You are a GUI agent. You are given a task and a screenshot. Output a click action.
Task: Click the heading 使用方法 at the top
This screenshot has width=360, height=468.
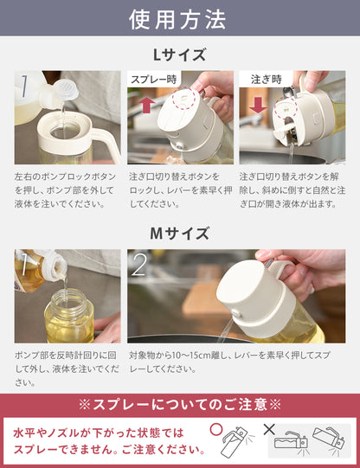[x=177, y=20]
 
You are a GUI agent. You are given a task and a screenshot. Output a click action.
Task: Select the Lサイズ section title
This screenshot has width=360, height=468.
[x=179, y=54]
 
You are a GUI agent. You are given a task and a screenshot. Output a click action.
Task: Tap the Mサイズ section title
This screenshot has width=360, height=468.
[x=179, y=234]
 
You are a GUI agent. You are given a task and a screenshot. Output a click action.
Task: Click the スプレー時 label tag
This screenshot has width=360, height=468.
[x=154, y=80]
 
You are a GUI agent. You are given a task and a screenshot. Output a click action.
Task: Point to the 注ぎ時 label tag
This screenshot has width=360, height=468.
[x=267, y=80]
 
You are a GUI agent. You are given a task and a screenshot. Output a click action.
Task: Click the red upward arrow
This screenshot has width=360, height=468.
[x=146, y=106]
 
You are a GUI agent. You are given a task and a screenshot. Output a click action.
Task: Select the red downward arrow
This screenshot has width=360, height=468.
[x=258, y=106]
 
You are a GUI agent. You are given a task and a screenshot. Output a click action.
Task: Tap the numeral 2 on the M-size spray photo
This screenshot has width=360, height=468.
[x=139, y=265]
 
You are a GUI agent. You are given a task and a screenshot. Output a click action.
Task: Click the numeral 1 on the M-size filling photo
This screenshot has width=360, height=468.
[x=23, y=265]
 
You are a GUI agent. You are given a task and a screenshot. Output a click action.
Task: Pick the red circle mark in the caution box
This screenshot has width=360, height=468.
[x=216, y=430]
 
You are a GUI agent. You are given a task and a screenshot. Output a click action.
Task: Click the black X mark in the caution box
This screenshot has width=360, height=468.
[x=269, y=430]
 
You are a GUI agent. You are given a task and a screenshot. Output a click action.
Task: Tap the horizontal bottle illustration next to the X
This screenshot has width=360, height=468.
[x=290, y=442]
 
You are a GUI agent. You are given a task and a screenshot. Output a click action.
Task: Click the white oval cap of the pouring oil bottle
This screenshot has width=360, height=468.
[x=67, y=90]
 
